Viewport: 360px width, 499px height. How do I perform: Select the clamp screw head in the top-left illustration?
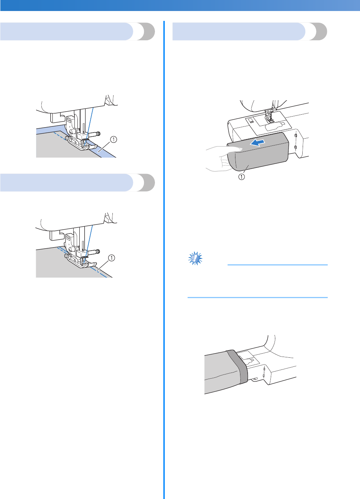98,133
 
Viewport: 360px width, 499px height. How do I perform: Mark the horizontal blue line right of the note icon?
277,265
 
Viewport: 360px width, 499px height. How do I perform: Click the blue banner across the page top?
180,6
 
